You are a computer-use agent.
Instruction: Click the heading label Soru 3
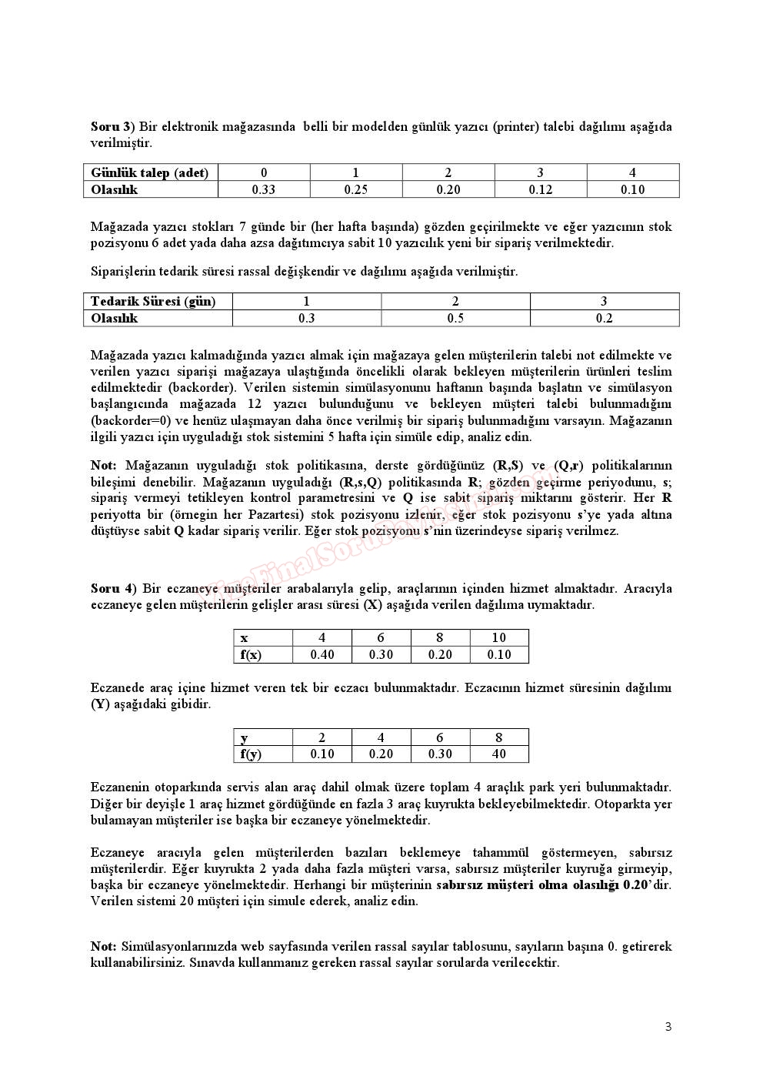[111, 126]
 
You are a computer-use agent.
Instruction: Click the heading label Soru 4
[112, 588]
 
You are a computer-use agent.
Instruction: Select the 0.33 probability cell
[264, 189]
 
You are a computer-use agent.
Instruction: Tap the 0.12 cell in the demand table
[540, 189]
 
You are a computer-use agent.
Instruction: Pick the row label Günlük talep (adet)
[149, 172]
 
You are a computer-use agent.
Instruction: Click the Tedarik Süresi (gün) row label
[153, 301]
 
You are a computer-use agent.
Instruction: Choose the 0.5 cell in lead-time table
[455, 318]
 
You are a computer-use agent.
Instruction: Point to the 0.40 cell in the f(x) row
[322, 654]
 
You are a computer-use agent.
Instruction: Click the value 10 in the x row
[498, 637]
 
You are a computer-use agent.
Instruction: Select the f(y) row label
[251, 754]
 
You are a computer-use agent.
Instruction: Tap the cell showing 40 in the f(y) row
[498, 754]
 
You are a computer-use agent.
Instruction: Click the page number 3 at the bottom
[668, 1026]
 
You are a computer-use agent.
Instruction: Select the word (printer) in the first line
[516, 126]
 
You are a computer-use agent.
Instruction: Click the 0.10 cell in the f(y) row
[322, 754]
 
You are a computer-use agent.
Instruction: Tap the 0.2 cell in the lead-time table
[604, 318]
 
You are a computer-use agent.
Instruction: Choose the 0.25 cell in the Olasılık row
[355, 189]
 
